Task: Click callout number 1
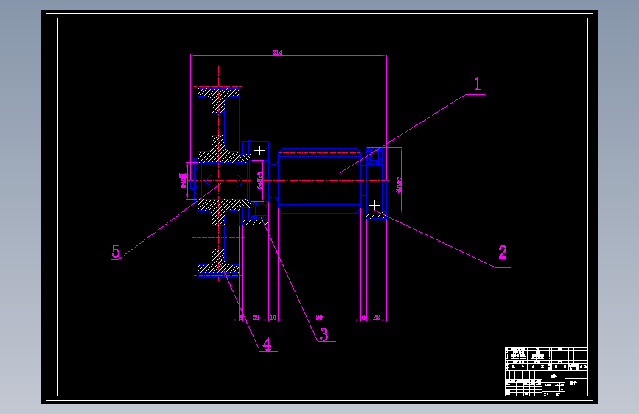click(x=478, y=84)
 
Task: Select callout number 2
click(x=503, y=253)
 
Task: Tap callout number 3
click(x=323, y=334)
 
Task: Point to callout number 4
click(x=267, y=344)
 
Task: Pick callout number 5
click(x=116, y=251)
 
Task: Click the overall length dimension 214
click(x=277, y=53)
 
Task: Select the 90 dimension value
click(x=319, y=317)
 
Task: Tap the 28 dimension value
click(x=256, y=317)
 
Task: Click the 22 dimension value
click(x=377, y=317)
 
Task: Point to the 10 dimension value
click(x=273, y=317)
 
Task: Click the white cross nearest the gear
click(x=259, y=151)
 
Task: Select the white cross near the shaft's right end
click(x=374, y=204)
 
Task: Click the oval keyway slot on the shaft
click(x=226, y=180)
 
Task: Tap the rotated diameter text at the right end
click(x=399, y=182)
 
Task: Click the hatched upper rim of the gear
click(x=220, y=99)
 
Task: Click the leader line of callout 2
click(x=442, y=240)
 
